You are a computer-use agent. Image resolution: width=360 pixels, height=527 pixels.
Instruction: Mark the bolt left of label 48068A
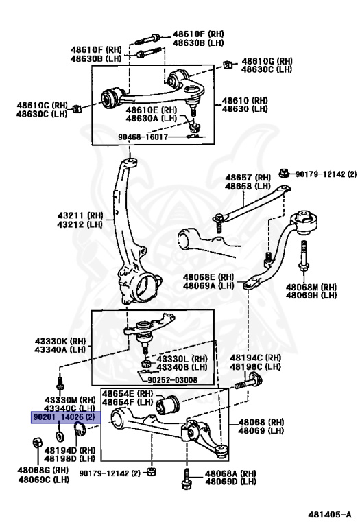[187, 478]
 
